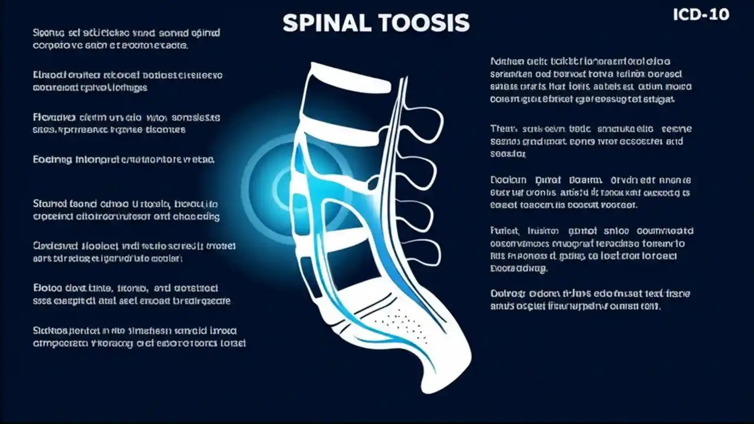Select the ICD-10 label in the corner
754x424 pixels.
point(700,14)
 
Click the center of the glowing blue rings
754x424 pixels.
point(282,187)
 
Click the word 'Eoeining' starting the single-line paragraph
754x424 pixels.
point(52,159)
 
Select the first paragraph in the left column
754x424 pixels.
point(111,39)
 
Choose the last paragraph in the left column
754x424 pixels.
point(140,337)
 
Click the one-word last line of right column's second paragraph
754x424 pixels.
point(508,154)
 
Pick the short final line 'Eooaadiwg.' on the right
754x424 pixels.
point(519,269)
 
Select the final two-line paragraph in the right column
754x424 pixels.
point(590,300)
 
